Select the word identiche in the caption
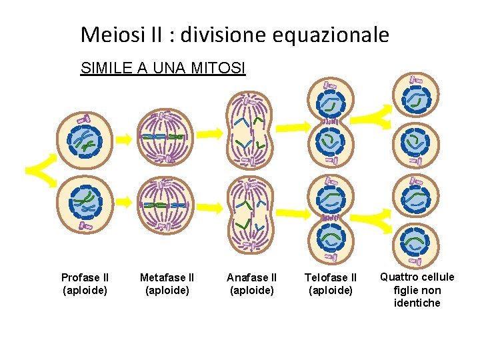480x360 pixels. pyautogui.click(x=417, y=303)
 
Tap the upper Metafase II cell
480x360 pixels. pyautogui.click(x=165, y=137)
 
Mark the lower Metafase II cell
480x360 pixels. pyautogui.click(x=165, y=206)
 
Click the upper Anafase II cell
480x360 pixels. pyautogui.click(x=247, y=131)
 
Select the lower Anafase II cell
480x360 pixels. pyautogui.click(x=247, y=213)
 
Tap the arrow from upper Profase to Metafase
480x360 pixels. pyautogui.click(x=123, y=139)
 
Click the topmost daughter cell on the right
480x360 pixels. pyautogui.click(x=415, y=97)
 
